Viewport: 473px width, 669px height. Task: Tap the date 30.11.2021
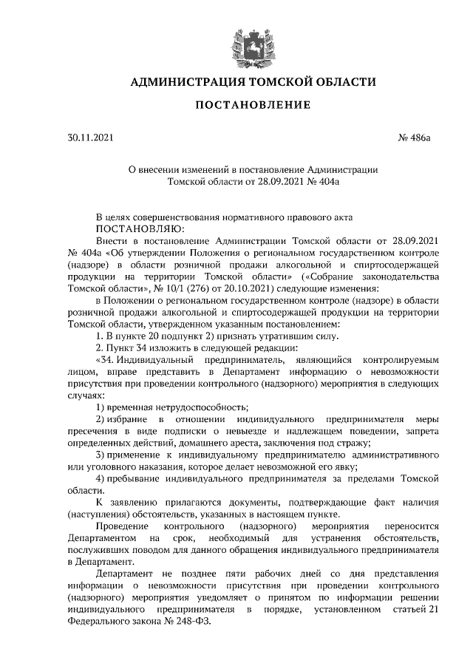click(x=91, y=137)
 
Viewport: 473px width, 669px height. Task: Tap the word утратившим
click(x=279, y=336)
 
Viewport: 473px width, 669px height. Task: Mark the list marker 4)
click(x=102, y=479)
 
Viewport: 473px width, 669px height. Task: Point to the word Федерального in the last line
click(x=97, y=620)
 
